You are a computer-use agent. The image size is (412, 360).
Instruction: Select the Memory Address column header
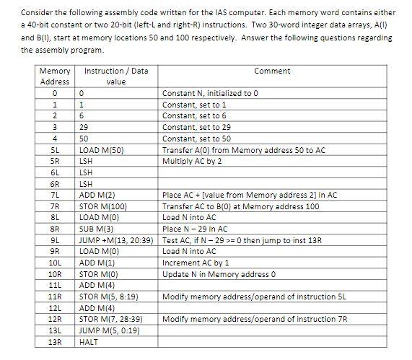tap(54, 76)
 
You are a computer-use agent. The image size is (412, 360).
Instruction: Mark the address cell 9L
tap(54, 240)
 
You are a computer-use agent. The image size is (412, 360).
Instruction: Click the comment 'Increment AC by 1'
tap(196, 263)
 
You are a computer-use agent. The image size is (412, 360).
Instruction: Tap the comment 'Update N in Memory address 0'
tap(215, 273)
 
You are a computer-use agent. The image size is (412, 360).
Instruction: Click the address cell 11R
tap(54, 296)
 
